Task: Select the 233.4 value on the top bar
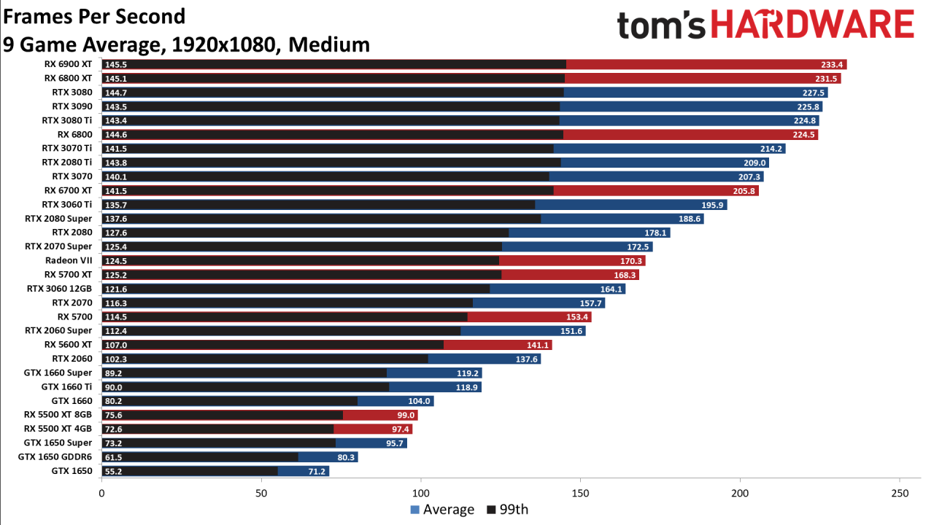pos(833,64)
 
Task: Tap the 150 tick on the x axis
pos(580,494)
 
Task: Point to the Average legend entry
pos(442,510)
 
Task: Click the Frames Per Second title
pos(94,16)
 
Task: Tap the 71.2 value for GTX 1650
pos(316,471)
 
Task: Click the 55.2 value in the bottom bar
pos(114,471)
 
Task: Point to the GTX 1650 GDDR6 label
pos(55,457)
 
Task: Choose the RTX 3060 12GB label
pos(60,289)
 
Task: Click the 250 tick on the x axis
pos(900,494)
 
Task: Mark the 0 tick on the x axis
pos(101,494)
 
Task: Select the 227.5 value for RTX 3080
pos(814,93)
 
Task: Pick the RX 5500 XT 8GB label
pos(58,415)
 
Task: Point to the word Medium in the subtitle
pos(329,44)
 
